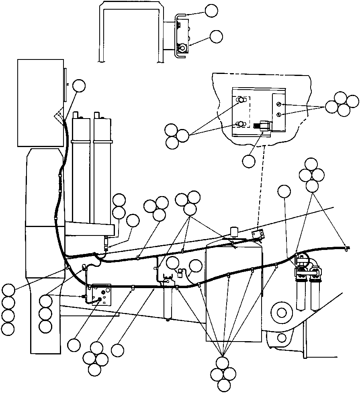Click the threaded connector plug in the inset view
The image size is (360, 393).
[x=263, y=125]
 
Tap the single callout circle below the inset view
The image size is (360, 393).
[x=249, y=161]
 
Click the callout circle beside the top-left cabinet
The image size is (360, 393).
[x=80, y=86]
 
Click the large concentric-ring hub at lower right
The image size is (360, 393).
[x=281, y=312]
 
